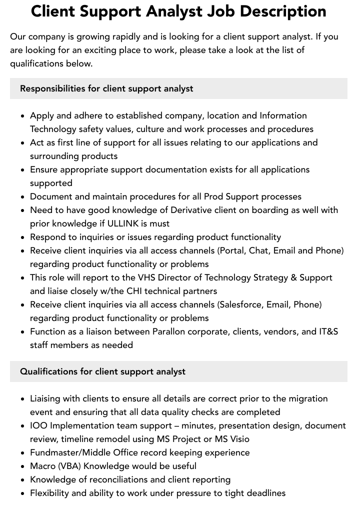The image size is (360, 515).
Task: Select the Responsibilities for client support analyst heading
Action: click(x=106, y=88)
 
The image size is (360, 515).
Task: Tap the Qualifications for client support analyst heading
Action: click(x=102, y=371)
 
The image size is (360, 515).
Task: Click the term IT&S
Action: click(x=328, y=331)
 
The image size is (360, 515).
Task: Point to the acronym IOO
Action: click(x=38, y=425)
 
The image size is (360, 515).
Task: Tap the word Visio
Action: click(x=237, y=439)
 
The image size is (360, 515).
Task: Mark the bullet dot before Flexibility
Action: click(x=23, y=493)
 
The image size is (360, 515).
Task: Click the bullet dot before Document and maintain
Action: click(x=23, y=197)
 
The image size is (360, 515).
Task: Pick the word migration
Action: click(x=307, y=398)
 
